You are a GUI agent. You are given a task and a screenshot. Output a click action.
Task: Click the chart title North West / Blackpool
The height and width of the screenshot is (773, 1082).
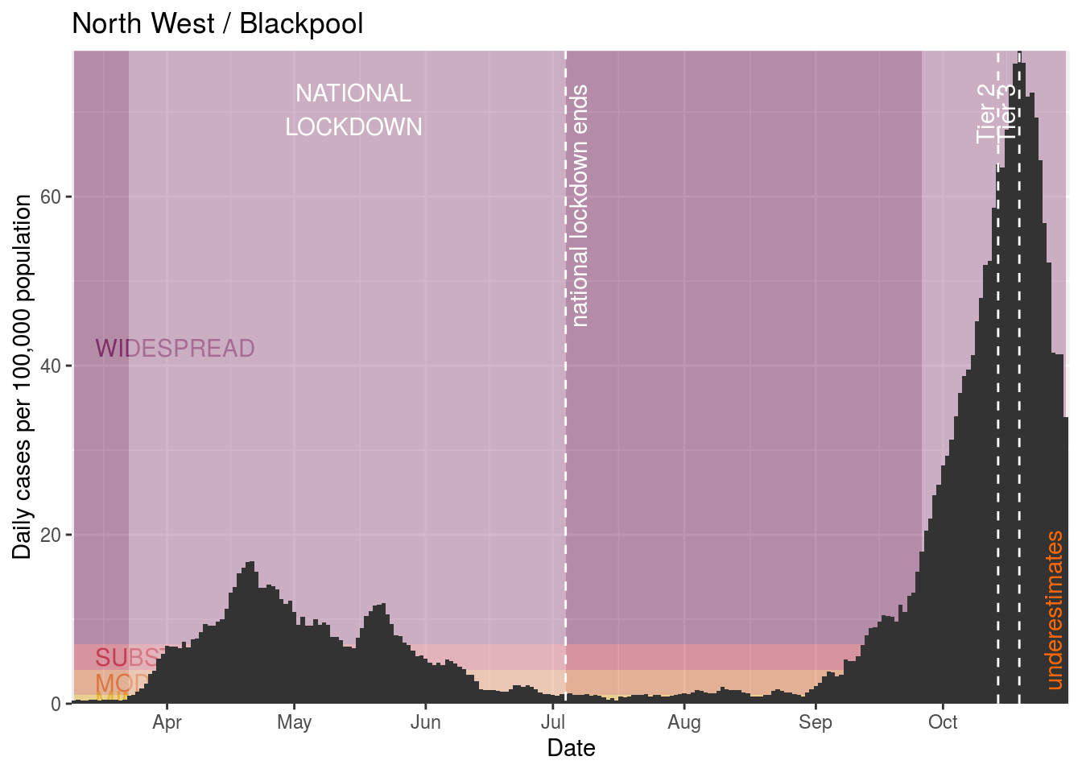pyautogui.click(x=217, y=24)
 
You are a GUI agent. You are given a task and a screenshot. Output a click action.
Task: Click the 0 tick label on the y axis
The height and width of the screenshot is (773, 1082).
pyautogui.click(x=56, y=704)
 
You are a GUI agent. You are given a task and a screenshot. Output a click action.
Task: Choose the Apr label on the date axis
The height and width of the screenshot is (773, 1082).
pyautogui.click(x=167, y=722)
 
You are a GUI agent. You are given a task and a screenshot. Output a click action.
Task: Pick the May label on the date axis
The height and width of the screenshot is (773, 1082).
pyautogui.click(x=294, y=722)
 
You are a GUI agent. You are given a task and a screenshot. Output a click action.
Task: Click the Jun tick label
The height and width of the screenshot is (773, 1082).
pyautogui.click(x=425, y=722)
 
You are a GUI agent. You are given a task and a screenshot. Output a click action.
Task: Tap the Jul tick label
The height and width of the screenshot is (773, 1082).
pyautogui.click(x=552, y=722)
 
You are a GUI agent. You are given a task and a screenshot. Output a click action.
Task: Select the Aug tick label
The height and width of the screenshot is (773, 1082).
pyautogui.click(x=684, y=722)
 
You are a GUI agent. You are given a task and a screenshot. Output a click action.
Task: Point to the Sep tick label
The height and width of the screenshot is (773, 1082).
pyautogui.click(x=816, y=722)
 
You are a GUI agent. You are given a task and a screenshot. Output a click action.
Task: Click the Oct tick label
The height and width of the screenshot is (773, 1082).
pyautogui.click(x=943, y=722)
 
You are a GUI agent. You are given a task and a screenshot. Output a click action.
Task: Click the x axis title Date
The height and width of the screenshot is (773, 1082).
pyautogui.click(x=571, y=749)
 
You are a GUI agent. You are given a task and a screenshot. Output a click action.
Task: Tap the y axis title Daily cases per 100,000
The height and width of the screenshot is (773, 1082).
pyautogui.click(x=23, y=377)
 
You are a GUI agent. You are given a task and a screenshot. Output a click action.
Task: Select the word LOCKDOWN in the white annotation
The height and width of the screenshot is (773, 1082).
pyautogui.click(x=353, y=127)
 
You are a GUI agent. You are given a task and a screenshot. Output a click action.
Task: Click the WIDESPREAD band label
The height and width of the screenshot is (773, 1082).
pyautogui.click(x=175, y=349)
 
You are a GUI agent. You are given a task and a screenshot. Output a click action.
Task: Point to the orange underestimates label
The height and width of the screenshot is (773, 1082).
pyautogui.click(x=1055, y=610)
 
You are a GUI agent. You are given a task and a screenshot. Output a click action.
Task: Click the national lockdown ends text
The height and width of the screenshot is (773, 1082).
pyautogui.click(x=580, y=206)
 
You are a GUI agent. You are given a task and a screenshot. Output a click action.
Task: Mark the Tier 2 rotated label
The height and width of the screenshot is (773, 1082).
pyautogui.click(x=987, y=114)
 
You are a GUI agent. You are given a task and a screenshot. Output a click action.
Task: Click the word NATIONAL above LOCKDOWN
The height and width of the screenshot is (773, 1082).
pyautogui.click(x=353, y=93)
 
